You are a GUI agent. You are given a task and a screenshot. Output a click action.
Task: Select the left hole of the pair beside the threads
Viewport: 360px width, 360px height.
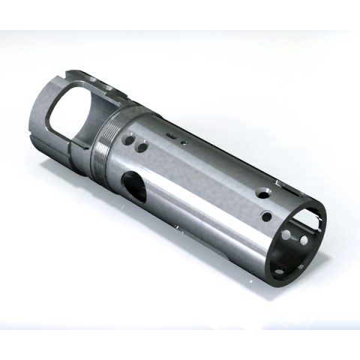pyautogui.click(x=129, y=139)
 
